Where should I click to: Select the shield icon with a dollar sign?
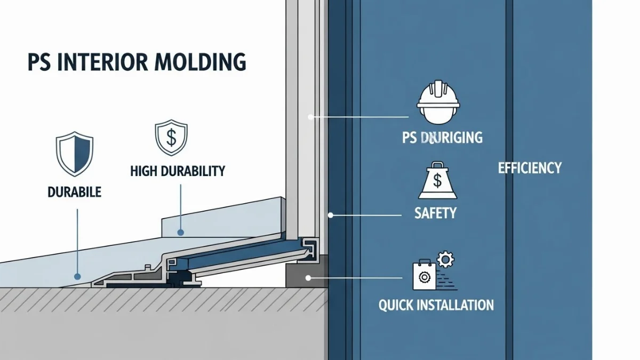(171, 138)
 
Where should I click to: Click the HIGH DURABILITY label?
(178, 171)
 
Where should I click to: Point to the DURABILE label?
(75, 192)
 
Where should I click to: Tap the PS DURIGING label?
(442, 138)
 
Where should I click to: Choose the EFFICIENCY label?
(530, 168)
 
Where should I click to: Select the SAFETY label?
(435, 213)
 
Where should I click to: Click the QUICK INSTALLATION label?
(436, 305)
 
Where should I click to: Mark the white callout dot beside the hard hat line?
(311, 116)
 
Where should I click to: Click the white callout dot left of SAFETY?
(331, 215)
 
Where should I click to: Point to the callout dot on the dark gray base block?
(308, 277)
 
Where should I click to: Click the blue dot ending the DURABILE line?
(77, 277)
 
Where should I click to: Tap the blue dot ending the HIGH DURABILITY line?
(181, 233)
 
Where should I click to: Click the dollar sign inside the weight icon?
(437, 182)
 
